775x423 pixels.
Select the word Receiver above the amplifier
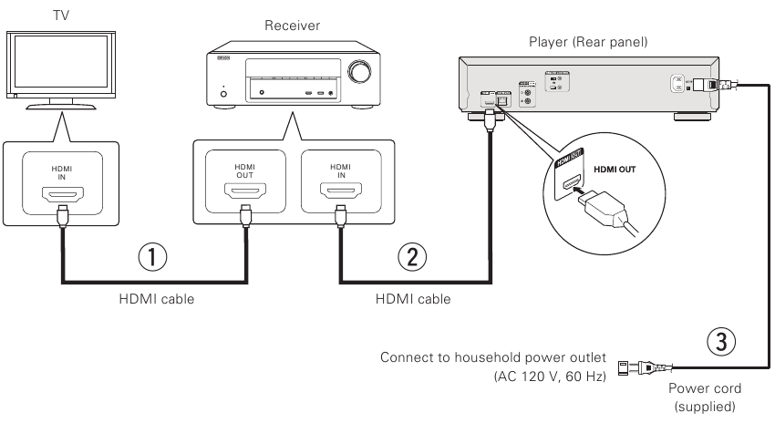[288, 26]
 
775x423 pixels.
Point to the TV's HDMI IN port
[62, 194]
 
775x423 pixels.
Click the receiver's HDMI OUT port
[243, 194]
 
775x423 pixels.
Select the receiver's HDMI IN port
[339, 194]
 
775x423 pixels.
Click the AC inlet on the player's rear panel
[676, 84]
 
